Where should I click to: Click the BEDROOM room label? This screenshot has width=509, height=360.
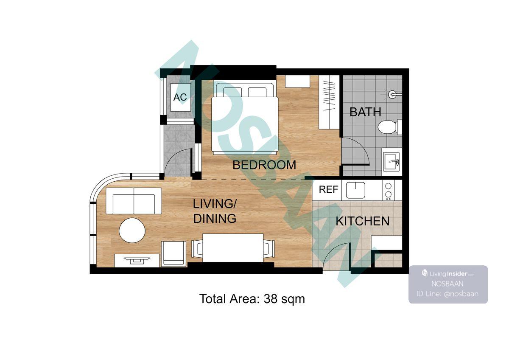click(x=264, y=165)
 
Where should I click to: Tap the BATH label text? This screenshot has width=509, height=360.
click(x=365, y=112)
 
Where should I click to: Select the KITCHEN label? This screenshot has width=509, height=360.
click(x=363, y=221)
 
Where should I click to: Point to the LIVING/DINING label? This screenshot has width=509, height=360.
click(x=215, y=211)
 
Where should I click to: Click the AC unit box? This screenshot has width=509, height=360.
click(x=181, y=97)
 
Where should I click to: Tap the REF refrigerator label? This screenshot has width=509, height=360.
click(x=328, y=189)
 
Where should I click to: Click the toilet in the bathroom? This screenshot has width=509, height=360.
click(x=389, y=127)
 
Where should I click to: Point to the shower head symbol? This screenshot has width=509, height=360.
click(x=393, y=94)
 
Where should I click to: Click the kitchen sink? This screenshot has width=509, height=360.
click(x=355, y=190)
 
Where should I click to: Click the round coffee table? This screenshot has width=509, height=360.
click(x=132, y=231)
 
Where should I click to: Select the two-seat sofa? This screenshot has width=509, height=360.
click(x=134, y=201)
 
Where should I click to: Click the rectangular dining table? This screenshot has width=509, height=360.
click(x=233, y=248)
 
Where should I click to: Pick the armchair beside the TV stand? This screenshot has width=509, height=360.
click(x=174, y=254)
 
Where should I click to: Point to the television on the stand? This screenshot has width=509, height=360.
click(x=137, y=260)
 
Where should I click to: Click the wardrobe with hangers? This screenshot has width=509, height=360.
click(x=329, y=102)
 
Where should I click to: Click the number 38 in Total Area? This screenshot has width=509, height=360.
click(x=270, y=298)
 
